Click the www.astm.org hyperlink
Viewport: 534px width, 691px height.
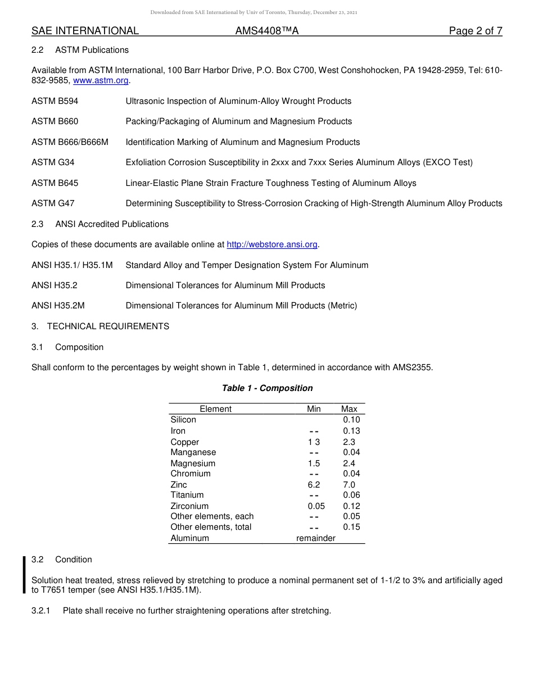[x=101, y=81]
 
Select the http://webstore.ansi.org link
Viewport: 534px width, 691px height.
[x=272, y=244]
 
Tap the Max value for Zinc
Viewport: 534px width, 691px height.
[x=349, y=485]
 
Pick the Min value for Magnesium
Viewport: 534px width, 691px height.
[x=314, y=463]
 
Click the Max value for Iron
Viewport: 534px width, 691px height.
[x=351, y=431]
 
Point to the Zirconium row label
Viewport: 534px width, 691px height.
[x=189, y=506]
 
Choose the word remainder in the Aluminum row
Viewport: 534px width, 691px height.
[x=316, y=538]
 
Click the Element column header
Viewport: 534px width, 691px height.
[x=215, y=409]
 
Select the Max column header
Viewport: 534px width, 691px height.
[x=349, y=409]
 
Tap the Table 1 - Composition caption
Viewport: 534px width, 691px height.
[x=267, y=388]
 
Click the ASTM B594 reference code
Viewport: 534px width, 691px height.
[x=55, y=101]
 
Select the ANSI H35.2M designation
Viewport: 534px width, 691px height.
[x=58, y=306]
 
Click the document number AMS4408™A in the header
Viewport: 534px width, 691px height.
[x=267, y=31]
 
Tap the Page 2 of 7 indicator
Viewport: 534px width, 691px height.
[x=476, y=31]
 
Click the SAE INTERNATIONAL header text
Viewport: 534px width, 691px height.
[x=85, y=31]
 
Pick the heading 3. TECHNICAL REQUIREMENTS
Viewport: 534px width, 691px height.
[x=100, y=326]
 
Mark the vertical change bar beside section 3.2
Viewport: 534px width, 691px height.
[x=24, y=575]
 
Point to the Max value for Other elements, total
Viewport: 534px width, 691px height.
[x=351, y=527]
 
